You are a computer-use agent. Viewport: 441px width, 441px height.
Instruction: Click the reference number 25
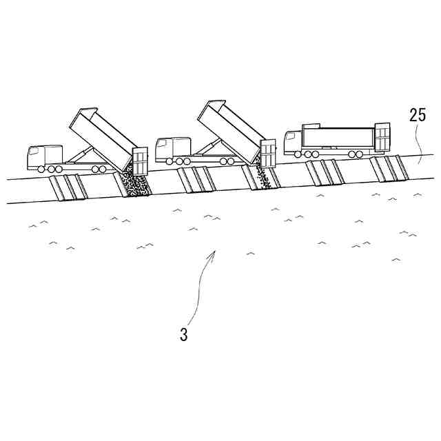point(418,115)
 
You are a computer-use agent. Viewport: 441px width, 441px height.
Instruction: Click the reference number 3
point(183,336)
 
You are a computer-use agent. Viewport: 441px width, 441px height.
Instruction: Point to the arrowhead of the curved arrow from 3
point(214,252)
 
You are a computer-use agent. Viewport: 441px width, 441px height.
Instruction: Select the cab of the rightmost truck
point(292,143)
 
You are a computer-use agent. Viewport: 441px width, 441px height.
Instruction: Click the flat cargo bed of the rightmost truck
point(337,140)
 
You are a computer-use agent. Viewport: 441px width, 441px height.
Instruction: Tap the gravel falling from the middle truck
point(261,176)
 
